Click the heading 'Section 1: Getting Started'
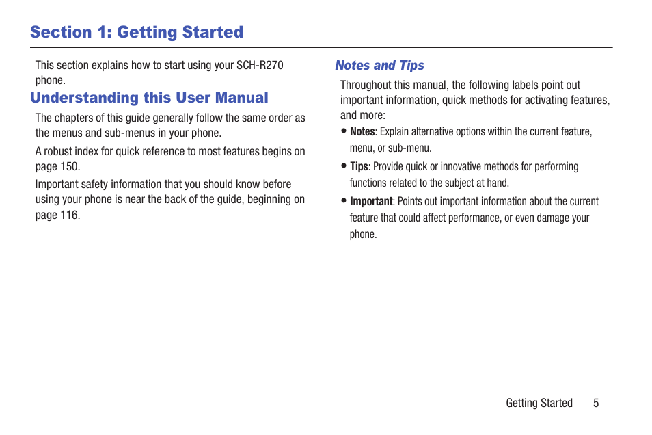[137, 32]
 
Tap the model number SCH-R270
[260, 66]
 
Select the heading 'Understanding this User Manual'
[149, 97]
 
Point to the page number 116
[70, 215]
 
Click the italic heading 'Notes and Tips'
[379, 66]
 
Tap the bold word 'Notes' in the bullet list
[363, 131]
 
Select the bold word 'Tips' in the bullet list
[359, 166]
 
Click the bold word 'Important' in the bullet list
[371, 202]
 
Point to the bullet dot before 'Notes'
[344, 131]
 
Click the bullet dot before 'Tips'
[344, 166]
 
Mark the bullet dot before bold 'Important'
[344, 200]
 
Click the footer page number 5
[596, 403]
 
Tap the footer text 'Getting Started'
[539, 403]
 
